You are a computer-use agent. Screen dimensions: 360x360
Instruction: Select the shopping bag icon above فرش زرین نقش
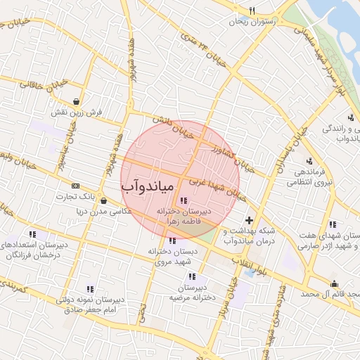[x=76, y=101]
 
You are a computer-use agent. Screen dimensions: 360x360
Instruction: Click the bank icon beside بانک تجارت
[x=75, y=185]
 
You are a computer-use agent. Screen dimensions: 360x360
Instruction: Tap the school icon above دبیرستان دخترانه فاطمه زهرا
[x=184, y=201]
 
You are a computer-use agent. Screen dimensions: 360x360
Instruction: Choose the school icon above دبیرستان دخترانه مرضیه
[x=203, y=277]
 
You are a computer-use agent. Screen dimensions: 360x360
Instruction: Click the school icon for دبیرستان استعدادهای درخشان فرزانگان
[x=32, y=234]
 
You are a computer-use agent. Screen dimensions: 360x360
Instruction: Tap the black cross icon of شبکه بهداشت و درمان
[x=248, y=221]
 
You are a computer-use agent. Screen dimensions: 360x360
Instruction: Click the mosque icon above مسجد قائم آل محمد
[x=333, y=284]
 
